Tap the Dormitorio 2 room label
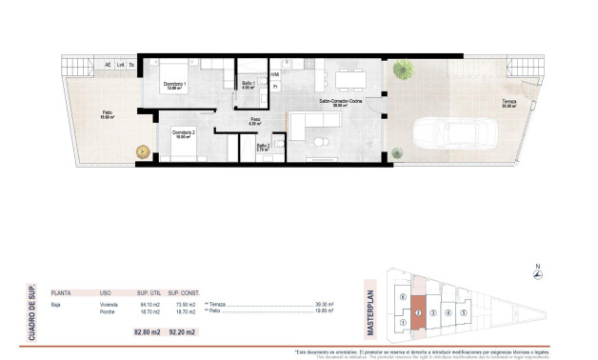(x=184, y=134)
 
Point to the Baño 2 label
(x=264, y=147)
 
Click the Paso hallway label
(x=253, y=122)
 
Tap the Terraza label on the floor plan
(x=510, y=105)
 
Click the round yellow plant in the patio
(x=142, y=150)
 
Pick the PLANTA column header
(x=62, y=293)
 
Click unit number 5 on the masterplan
(x=464, y=312)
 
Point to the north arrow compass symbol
(x=539, y=274)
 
